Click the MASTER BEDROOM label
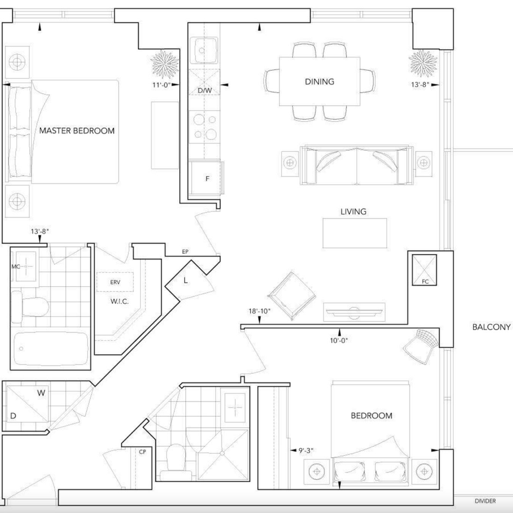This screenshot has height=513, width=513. coord(77,131)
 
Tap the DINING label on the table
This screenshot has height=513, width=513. coord(319,81)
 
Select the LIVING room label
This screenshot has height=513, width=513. coord(353,211)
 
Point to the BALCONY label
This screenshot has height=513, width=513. coord(492,327)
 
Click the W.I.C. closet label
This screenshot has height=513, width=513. coord(119,301)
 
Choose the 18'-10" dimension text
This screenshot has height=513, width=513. coord(259,311)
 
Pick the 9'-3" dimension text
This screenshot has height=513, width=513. coord(306,451)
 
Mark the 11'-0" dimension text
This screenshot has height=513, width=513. coord(161,85)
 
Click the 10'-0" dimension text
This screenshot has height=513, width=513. coord(338,340)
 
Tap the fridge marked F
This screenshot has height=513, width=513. coord(206,178)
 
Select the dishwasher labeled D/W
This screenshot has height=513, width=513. coord(204,82)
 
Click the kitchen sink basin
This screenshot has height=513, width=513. coord(204,50)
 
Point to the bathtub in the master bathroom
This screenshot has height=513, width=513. coord(51,349)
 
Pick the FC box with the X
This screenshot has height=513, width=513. coord(425,270)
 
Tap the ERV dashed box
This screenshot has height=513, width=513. coord(115,281)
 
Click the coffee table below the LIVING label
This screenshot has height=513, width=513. coord(354,233)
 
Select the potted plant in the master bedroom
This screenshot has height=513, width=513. coord(165,64)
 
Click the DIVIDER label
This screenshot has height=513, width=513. coord(485,501)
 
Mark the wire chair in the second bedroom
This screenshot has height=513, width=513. coord(420,346)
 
